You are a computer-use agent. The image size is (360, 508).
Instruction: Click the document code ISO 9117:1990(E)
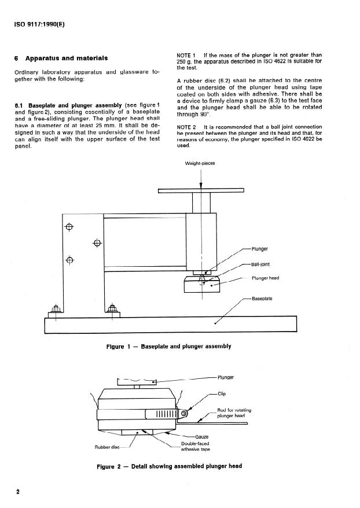point(39,25)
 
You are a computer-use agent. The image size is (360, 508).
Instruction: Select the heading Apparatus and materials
point(67,58)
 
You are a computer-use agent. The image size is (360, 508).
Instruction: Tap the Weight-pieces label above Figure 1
point(200,163)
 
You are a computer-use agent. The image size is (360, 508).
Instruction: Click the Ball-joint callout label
point(260,264)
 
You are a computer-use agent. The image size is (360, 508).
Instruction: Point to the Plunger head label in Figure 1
point(266,278)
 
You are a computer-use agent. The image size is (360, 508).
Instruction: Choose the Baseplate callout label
point(262,299)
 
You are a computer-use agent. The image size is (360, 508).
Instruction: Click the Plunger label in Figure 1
point(260,249)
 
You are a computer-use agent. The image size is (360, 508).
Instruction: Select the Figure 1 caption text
point(169,347)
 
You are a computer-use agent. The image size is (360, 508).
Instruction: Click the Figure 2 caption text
point(170,466)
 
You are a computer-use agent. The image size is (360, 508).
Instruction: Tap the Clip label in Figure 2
point(222,394)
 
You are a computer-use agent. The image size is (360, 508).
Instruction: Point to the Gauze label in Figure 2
point(202,437)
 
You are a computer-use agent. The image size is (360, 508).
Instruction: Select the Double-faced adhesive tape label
point(196,447)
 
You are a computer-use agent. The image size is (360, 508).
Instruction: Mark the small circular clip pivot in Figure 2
point(184,413)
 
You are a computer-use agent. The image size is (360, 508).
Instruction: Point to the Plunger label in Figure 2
point(226,377)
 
